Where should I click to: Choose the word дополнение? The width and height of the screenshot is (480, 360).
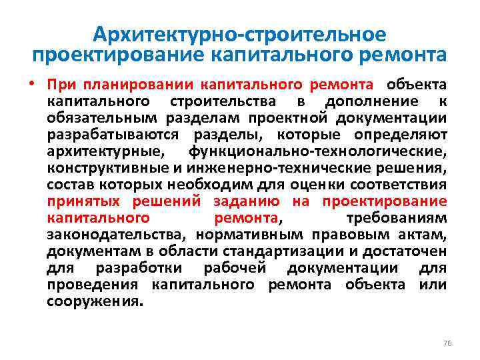pyautogui.click(x=372, y=101)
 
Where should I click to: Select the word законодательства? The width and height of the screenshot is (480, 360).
pyautogui.click(x=117, y=235)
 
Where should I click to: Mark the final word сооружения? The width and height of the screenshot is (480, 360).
pyautogui.click(x=95, y=301)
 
